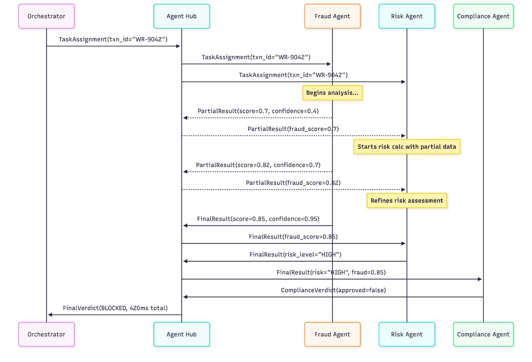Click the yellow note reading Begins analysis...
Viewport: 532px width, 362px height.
click(x=332, y=93)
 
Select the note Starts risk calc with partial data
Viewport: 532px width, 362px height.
click(x=407, y=147)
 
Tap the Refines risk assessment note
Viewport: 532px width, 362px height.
click(x=407, y=201)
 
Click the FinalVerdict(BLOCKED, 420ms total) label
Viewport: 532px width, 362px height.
click(x=115, y=308)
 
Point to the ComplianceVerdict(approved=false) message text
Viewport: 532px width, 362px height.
click(x=333, y=290)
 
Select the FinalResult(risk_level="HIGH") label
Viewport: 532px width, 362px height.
click(x=295, y=254)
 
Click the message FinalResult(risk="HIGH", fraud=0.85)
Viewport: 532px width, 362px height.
click(x=331, y=272)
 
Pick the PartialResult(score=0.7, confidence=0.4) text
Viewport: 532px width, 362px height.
click(x=258, y=111)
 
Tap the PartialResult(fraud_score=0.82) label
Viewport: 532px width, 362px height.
click(x=293, y=183)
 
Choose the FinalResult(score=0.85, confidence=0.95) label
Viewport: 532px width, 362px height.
click(x=258, y=219)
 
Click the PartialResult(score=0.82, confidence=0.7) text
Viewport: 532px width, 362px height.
click(x=258, y=165)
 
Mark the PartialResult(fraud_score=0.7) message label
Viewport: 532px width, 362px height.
click(x=293, y=129)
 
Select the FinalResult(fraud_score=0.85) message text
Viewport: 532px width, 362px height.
click(x=293, y=237)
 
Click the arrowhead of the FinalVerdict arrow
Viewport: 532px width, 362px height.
click(x=50, y=315)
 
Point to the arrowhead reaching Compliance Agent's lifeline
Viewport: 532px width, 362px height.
click(x=480, y=279)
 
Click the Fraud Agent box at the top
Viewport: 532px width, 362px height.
click(x=332, y=16)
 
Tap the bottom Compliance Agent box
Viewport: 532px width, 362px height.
click(x=483, y=334)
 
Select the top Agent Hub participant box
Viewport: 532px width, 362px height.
click(x=182, y=16)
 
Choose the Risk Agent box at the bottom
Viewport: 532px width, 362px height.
click(x=407, y=334)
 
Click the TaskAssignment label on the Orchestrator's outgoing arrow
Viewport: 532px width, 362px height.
click(x=113, y=40)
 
